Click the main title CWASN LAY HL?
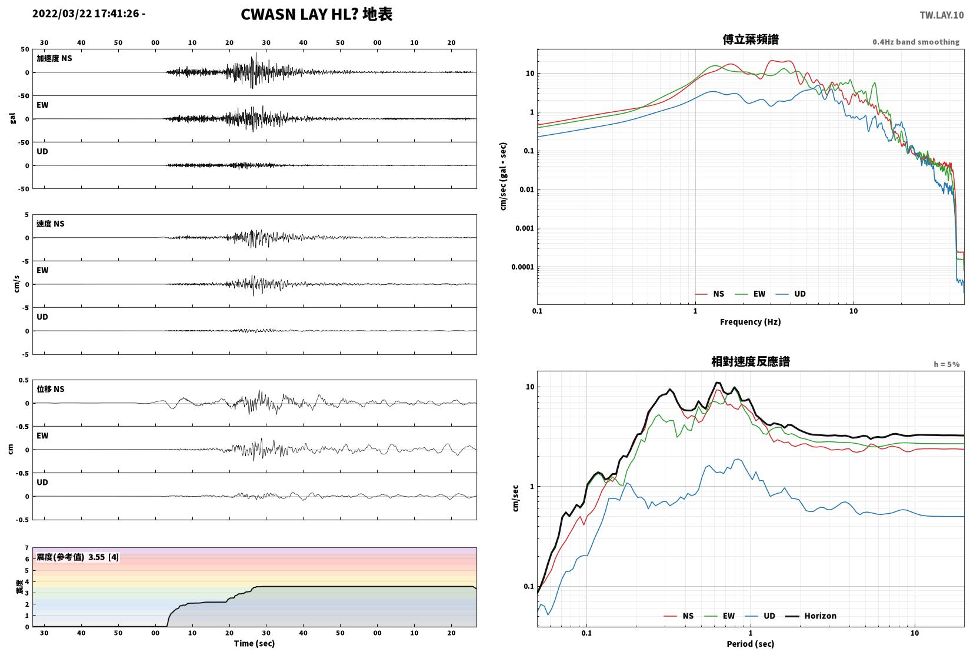299,14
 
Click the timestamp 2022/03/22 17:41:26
86,14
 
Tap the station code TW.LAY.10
941,15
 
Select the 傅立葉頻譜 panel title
751,39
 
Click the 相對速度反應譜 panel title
751,361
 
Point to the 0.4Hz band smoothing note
916,42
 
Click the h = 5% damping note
946,364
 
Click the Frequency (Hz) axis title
750,321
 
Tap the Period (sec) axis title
750,644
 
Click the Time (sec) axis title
254,643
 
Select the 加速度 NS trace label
54,58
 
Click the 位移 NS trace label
50,389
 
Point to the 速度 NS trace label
50,224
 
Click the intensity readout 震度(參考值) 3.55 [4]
78,557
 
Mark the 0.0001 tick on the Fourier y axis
522,267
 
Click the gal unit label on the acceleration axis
12,118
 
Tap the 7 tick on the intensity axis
27,548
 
